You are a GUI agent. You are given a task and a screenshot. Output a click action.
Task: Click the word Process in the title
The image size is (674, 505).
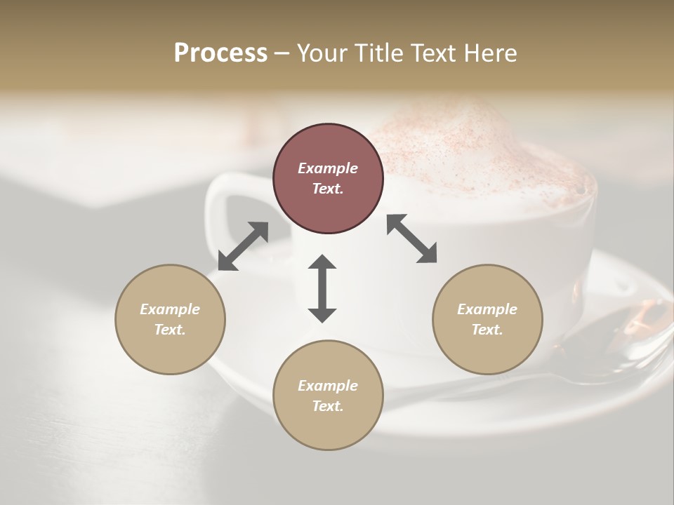[x=220, y=53]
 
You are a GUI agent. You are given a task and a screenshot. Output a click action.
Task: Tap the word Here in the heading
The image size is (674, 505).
[x=489, y=53]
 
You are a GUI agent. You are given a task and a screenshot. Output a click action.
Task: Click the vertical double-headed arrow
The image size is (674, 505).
[x=322, y=288]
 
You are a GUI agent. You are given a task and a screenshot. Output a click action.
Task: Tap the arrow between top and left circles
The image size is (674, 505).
[x=243, y=246]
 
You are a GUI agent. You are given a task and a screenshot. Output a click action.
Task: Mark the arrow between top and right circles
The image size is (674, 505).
[x=412, y=238]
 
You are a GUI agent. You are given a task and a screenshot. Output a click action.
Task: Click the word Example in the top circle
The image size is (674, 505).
[x=328, y=168]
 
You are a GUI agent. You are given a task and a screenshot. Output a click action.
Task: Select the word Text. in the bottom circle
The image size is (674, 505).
[x=328, y=406]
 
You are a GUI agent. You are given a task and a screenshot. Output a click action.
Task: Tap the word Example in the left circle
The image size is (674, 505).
[x=170, y=309]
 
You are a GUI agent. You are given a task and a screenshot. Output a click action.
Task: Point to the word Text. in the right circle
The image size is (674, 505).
[x=487, y=330]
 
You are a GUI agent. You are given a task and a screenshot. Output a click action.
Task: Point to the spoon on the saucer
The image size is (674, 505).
[x=618, y=344]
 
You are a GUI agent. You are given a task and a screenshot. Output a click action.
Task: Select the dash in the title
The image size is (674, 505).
[x=282, y=53]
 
